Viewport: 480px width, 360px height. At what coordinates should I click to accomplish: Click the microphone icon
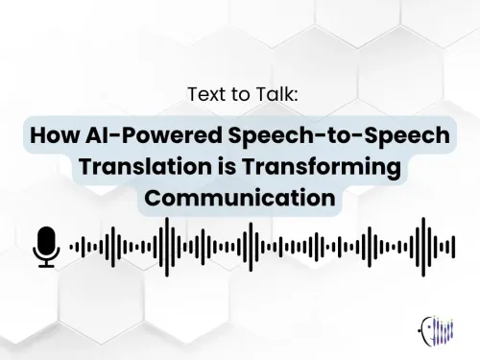(46, 246)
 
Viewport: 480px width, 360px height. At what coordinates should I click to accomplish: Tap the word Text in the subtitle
(206, 95)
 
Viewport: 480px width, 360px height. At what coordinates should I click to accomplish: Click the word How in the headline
(55, 135)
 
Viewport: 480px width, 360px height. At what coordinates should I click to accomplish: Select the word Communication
(240, 201)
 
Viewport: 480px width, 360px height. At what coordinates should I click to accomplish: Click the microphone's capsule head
(46, 239)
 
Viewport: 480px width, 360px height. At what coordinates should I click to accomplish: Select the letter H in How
(39, 135)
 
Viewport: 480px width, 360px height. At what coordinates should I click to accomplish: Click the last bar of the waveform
(451, 247)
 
